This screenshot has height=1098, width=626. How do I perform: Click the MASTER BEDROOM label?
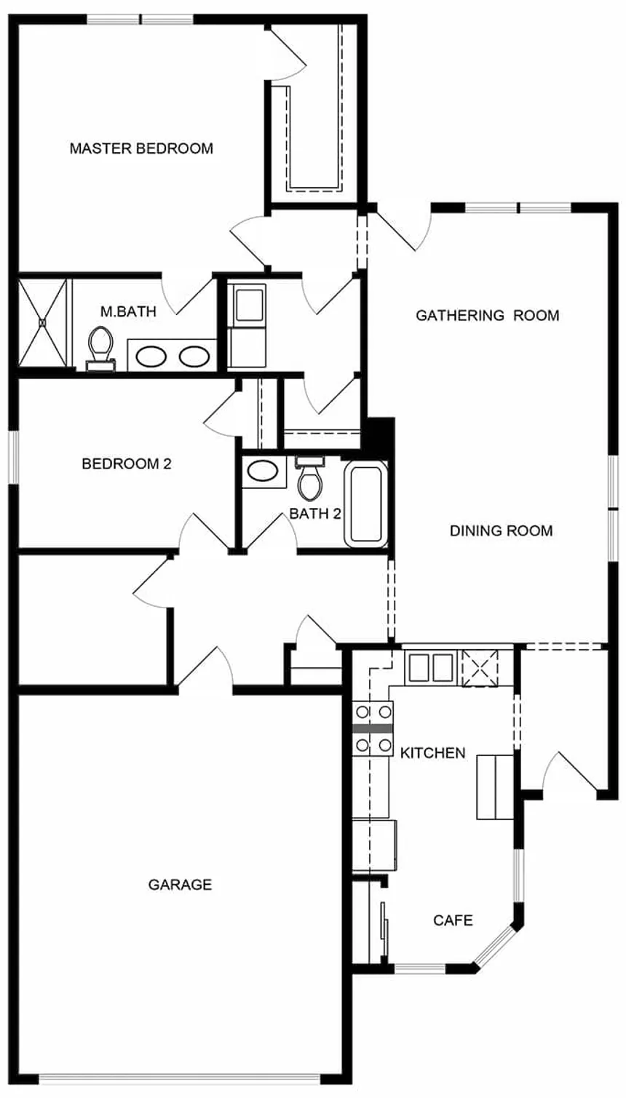pyautogui.click(x=141, y=148)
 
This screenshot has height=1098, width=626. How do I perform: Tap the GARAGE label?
pyautogui.click(x=181, y=884)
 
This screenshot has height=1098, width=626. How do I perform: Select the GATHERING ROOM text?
pyautogui.click(x=487, y=315)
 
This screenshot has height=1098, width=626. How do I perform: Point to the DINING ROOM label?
pyautogui.click(x=501, y=530)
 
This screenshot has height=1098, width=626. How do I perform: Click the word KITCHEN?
pyautogui.click(x=432, y=752)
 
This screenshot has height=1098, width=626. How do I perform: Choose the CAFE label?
pyautogui.click(x=453, y=920)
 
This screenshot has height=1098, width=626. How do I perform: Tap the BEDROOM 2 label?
pyautogui.click(x=127, y=464)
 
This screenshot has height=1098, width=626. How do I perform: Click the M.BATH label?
pyautogui.click(x=128, y=311)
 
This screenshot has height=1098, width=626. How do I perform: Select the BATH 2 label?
pyautogui.click(x=314, y=514)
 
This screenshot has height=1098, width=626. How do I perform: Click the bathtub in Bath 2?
pyautogui.click(x=365, y=506)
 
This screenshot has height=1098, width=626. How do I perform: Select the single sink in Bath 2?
pyautogui.click(x=264, y=472)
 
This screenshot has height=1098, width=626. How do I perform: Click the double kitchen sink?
pyautogui.click(x=431, y=667)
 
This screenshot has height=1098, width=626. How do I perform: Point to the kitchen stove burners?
pyautogui.click(x=373, y=728)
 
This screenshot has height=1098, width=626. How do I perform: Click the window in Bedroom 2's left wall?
pyautogui.click(x=15, y=457)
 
